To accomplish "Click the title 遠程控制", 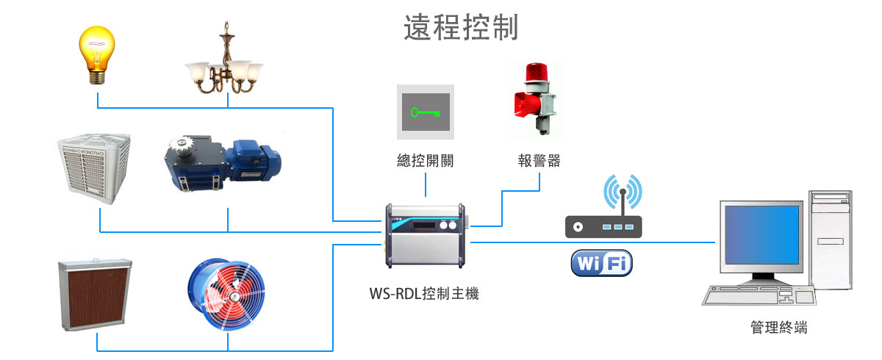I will (462, 27).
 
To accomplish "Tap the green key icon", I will (426, 112).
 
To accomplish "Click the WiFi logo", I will (601, 263).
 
